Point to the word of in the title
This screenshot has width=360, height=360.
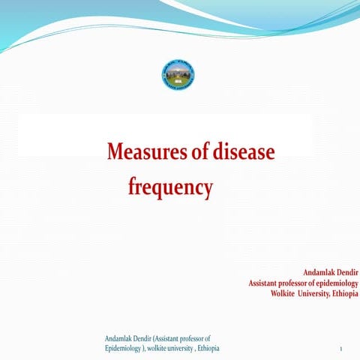click(x=193, y=152)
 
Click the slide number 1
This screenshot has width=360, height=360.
click(x=340, y=350)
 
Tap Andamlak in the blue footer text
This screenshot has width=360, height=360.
click(x=119, y=339)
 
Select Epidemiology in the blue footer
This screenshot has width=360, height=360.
click(x=124, y=349)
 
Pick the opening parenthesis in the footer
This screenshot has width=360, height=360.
click(x=154, y=339)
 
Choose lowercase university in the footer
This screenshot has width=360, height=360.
click(x=183, y=349)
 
